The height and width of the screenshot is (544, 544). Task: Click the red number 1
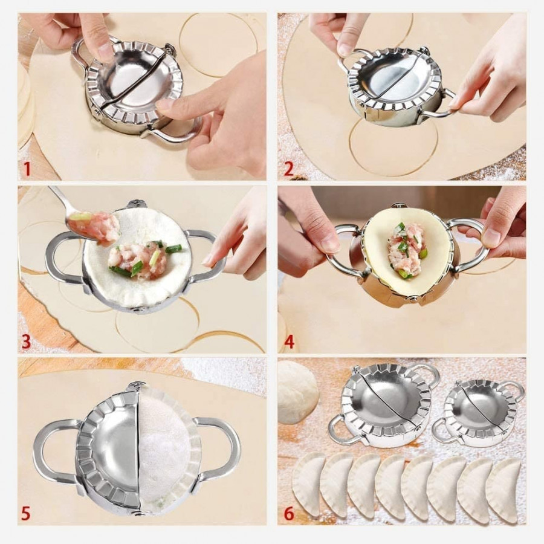(x=26, y=169)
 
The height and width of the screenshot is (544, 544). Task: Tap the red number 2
(x=288, y=169)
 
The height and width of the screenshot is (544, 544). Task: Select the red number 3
(x=26, y=342)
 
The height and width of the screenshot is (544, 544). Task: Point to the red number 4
(x=289, y=342)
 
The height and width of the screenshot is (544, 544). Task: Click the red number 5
(x=25, y=514)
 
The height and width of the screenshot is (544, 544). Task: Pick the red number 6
(x=289, y=514)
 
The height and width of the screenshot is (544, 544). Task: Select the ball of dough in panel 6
(x=297, y=391)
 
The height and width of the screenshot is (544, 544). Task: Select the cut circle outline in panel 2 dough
(x=393, y=148)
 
